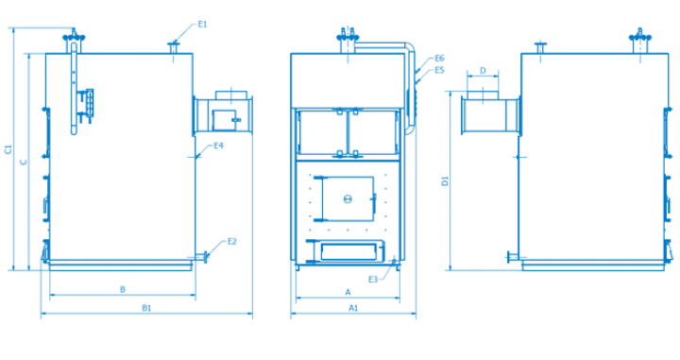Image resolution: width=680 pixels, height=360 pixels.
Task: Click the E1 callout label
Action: tap(202, 25)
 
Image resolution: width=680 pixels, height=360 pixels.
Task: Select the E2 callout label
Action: tap(232, 241)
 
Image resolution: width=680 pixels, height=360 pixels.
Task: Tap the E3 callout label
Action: tap(373, 280)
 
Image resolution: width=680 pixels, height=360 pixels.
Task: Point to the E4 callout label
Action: tap(218, 146)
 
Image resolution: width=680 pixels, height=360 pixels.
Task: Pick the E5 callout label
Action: tap(440, 70)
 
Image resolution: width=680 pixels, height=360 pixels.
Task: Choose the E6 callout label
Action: tap(440, 59)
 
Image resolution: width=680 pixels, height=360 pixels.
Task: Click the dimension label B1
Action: tap(146, 308)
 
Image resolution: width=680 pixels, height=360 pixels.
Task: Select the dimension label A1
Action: tap(353, 308)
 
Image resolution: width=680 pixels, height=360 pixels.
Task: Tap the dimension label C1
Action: tap(8, 149)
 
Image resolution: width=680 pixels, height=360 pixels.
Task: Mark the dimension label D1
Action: tap(445, 180)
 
